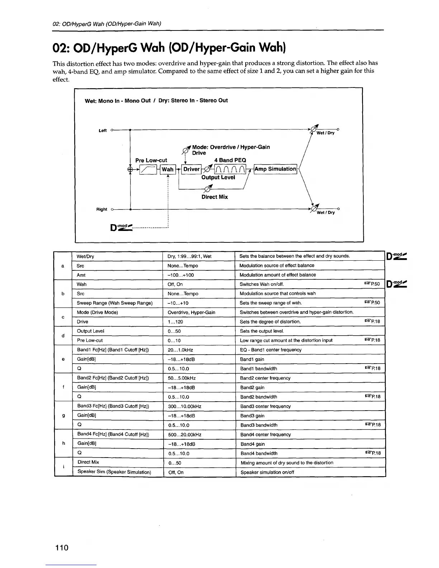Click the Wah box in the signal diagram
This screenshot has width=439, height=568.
tap(167, 169)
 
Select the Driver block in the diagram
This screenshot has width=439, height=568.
tap(191, 169)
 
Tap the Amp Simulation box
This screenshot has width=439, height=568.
tap(275, 169)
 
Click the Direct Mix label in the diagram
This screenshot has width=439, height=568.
tap(214, 197)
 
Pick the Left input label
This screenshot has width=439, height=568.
tap(103, 131)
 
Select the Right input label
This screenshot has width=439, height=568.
tap(102, 209)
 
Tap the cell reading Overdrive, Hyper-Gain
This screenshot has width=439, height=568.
tap(192, 312)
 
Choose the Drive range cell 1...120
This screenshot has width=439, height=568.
tap(175, 322)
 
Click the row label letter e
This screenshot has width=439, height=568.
tap(63, 359)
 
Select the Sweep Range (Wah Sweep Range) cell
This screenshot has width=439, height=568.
tap(115, 303)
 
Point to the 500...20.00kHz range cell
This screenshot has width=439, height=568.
tap(185, 435)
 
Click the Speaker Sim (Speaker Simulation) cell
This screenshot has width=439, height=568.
tap(114, 472)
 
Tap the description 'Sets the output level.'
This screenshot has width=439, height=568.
tap(262, 331)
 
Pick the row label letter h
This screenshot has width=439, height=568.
tap(63, 444)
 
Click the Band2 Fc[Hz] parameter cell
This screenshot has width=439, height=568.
tap(113, 378)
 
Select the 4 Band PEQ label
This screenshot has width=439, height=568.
tap(230, 160)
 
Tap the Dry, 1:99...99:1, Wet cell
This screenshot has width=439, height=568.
tap(189, 256)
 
